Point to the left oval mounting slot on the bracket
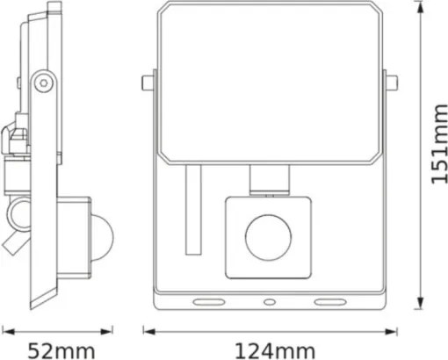[x=209, y=301]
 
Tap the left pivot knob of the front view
[x=145, y=83]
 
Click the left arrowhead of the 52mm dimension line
[x=6, y=332]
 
